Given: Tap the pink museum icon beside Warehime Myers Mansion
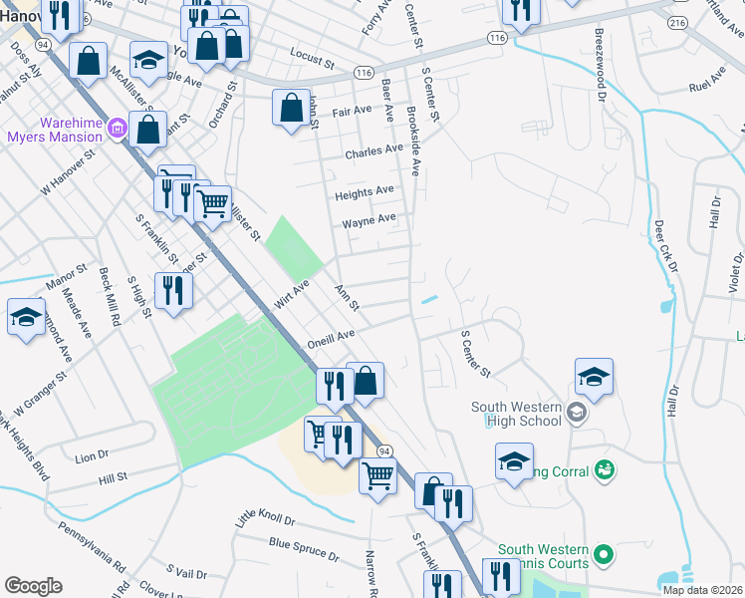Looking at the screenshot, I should [117, 128].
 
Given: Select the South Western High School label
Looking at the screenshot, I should [518, 414].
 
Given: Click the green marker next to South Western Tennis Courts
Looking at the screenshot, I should [603, 552].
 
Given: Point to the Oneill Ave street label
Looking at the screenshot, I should [332, 339].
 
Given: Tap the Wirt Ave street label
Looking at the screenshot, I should [290, 293].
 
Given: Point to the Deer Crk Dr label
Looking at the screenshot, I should [664, 246].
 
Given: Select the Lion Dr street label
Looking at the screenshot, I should [91, 456].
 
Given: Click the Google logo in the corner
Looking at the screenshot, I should [33, 586].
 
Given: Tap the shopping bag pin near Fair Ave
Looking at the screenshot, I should [290, 110].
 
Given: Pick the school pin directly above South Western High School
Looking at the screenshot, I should [594, 378].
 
